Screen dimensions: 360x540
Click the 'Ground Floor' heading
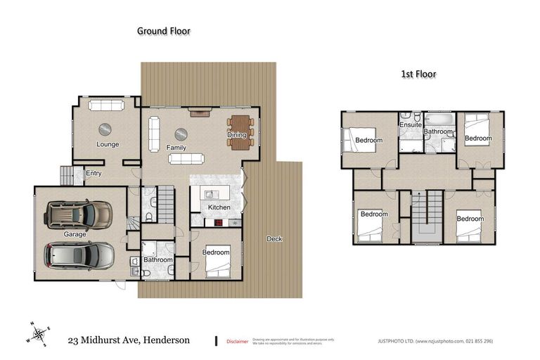pos(164,31)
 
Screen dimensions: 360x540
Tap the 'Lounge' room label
pos(108,144)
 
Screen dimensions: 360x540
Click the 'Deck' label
pos(274,239)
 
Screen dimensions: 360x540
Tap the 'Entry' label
pos(94,174)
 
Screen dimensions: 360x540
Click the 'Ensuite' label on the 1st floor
pos(410,125)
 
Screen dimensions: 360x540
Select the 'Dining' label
pos(236,135)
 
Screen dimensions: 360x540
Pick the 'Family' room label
pos(176,148)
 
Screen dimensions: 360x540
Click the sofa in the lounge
pos(106,105)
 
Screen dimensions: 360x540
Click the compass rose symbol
pos(39,333)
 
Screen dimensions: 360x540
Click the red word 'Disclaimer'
pos(237,342)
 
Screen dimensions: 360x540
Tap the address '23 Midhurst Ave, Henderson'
pos(129,340)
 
